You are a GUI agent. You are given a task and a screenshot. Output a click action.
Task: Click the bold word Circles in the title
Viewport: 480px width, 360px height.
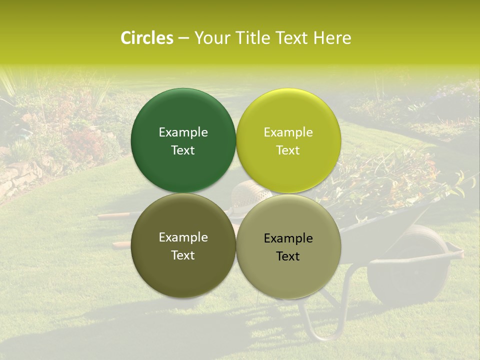pyautogui.click(x=146, y=38)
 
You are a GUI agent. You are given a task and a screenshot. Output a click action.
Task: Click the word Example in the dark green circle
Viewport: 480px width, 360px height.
pyautogui.click(x=183, y=132)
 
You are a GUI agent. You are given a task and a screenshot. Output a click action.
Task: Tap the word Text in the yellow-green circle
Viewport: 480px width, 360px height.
pyautogui.click(x=288, y=150)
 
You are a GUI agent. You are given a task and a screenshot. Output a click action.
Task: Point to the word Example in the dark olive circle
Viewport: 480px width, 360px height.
pyautogui.click(x=183, y=237)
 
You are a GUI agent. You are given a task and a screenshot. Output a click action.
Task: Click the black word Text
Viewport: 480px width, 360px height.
pyautogui.click(x=288, y=256)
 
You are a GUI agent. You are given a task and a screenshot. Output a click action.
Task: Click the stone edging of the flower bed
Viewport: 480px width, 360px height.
pyautogui.click(x=20, y=175)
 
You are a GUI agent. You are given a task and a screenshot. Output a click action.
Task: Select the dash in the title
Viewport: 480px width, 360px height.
pyautogui.click(x=183, y=38)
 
